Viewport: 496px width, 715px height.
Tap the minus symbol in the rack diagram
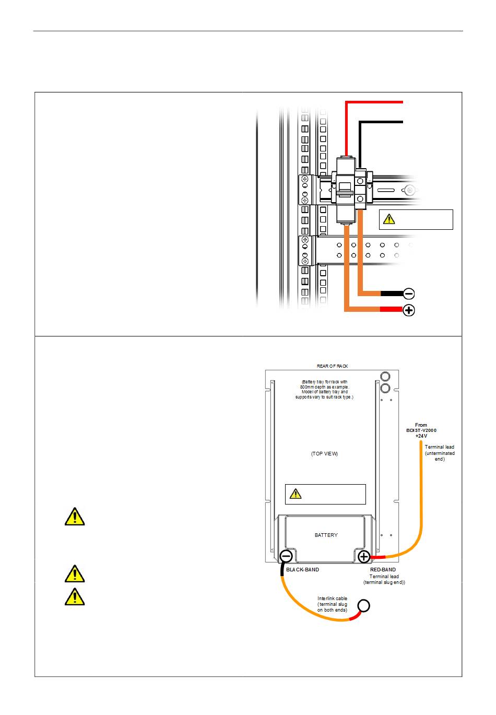tap(409, 294)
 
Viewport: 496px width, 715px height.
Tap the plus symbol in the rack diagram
tap(409, 310)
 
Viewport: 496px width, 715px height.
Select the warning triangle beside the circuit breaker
tap(389, 219)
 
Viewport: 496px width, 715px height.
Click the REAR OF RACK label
tap(332, 366)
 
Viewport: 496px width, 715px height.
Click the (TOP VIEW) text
tap(324, 454)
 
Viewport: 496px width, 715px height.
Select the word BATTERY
tap(326, 535)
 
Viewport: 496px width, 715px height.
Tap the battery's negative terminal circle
tap(286, 556)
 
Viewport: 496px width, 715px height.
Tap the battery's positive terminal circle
tap(364, 556)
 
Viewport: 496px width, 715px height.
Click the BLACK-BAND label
tap(302, 570)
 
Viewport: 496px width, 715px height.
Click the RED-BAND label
tap(383, 570)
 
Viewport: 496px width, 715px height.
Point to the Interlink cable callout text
tap(332, 604)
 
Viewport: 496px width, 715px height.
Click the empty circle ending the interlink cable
tap(364, 606)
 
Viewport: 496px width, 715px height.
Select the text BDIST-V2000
tap(421, 430)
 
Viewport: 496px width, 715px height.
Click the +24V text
tap(421, 436)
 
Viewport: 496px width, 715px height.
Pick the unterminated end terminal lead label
tap(440, 453)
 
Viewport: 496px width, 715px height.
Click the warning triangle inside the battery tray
tap(296, 494)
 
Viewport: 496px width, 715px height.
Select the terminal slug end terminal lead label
tap(384, 579)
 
